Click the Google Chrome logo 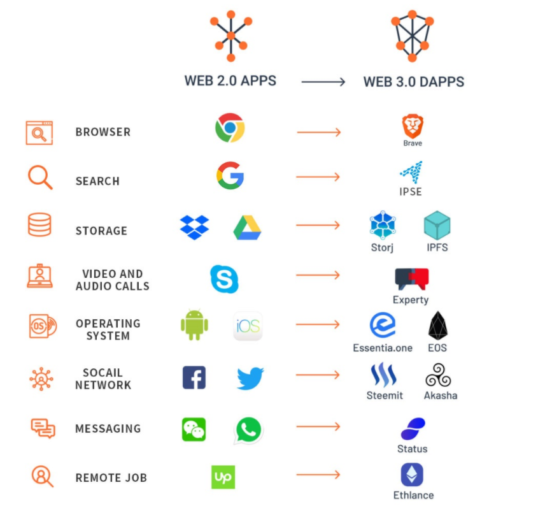pyautogui.click(x=230, y=128)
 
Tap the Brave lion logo pyautogui.click(x=413, y=126)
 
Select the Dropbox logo pyautogui.click(x=194, y=228)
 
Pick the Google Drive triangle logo pyautogui.click(x=247, y=228)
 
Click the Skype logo pyautogui.click(x=224, y=279)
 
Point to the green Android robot pyautogui.click(x=194, y=325)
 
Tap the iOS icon pyautogui.click(x=247, y=326)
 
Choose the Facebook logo pyautogui.click(x=194, y=377)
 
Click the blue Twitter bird pyautogui.click(x=250, y=378)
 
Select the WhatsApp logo pyautogui.click(x=248, y=430)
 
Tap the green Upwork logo pyautogui.click(x=223, y=477)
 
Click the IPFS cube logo pyautogui.click(x=437, y=226)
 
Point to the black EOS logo pyautogui.click(x=437, y=326)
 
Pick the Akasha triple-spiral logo pyautogui.click(x=438, y=376)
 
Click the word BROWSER pyautogui.click(x=103, y=132)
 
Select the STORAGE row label pyautogui.click(x=101, y=231)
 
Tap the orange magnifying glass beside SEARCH pyautogui.click(x=39, y=177)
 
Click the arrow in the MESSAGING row pyautogui.click(x=318, y=426)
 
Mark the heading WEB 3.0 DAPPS pyautogui.click(x=413, y=82)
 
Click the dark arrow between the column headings pyautogui.click(x=323, y=82)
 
